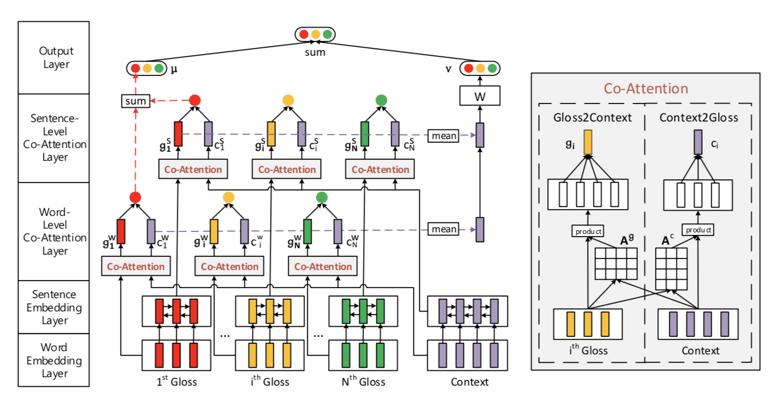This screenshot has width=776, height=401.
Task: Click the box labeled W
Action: [480, 97]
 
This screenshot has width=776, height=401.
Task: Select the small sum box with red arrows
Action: [135, 100]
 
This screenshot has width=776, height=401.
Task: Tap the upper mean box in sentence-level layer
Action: [444, 135]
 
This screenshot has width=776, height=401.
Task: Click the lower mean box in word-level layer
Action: [444, 229]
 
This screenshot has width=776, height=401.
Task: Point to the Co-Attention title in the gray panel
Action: [645, 89]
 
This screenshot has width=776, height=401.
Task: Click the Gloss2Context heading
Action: [592, 117]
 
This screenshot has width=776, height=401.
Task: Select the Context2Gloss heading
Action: [699, 117]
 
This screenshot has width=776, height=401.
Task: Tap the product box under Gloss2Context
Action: [588, 231]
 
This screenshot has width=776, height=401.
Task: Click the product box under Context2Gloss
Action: [698, 230]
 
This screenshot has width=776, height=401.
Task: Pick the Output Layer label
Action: [56, 58]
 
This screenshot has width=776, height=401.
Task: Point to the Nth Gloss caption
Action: [364, 382]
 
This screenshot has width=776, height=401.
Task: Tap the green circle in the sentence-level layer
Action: [381, 100]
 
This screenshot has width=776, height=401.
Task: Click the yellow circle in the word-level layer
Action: [229, 197]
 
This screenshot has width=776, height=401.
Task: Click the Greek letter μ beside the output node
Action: [173, 69]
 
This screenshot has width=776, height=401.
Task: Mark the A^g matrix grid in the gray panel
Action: [616, 264]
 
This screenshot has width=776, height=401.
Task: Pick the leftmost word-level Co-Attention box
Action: [136, 266]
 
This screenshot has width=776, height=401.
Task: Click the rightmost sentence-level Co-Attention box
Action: [380, 170]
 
